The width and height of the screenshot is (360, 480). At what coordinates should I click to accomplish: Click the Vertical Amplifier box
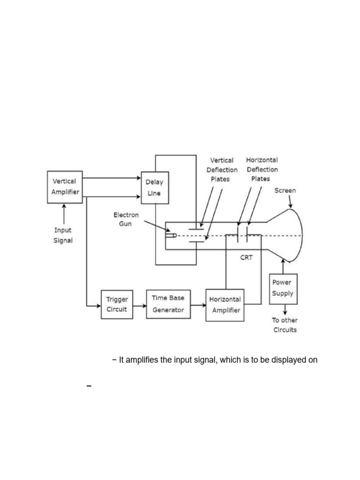tap(65, 187)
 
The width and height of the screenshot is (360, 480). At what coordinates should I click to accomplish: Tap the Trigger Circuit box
tap(117, 304)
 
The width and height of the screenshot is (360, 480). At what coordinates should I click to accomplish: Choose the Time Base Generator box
tap(168, 304)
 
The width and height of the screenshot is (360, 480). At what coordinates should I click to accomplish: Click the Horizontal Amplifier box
tap(225, 305)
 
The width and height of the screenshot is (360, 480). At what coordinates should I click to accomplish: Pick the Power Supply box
tap(283, 288)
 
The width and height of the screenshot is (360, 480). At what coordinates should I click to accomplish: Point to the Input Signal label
tap(63, 235)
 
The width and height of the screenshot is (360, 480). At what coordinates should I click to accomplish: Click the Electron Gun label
tap(126, 219)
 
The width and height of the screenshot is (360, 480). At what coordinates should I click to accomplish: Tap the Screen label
tap(285, 191)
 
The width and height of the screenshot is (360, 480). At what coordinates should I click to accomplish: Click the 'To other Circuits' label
tap(285, 325)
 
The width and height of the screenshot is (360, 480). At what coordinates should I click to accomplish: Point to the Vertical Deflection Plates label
tap(222, 170)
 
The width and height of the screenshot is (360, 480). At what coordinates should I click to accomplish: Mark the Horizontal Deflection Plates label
tap(262, 169)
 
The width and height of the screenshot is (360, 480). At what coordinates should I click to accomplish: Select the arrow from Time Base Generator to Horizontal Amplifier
tap(198, 305)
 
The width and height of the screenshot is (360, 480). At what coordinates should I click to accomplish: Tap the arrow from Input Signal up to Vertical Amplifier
tap(63, 214)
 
